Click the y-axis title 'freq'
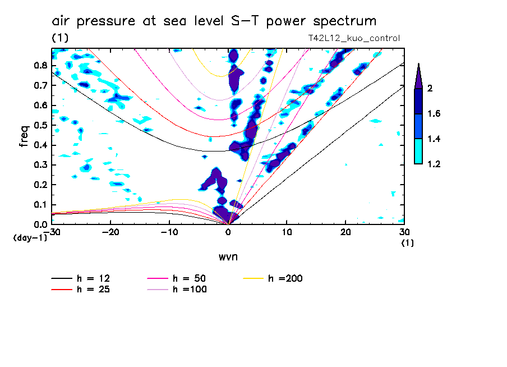pyautogui.click(x=24, y=136)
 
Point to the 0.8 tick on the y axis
pyautogui.click(x=40, y=65)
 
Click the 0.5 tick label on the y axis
pyautogui.click(x=40, y=125)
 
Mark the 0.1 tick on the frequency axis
pyautogui.click(x=40, y=204)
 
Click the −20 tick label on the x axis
pyautogui.click(x=110, y=231)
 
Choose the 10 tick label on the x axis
pyautogui.click(x=287, y=231)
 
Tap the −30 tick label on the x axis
pyautogui.click(x=52, y=231)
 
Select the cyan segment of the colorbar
pyautogui.click(x=418, y=151)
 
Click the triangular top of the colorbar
pyautogui.click(x=418, y=76)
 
